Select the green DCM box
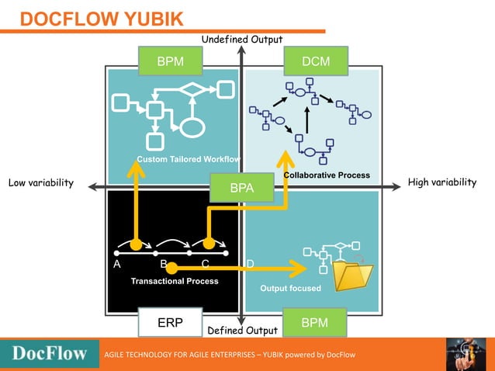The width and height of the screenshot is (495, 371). [x=315, y=61]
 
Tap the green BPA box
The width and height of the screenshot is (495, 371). [x=243, y=188]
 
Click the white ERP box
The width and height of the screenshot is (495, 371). [x=169, y=322]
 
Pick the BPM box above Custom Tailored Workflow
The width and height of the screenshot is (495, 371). [x=170, y=61]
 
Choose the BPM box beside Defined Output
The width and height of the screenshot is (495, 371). [x=314, y=322]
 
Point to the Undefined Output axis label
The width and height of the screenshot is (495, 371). [x=242, y=40]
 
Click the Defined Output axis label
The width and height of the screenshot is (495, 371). [x=242, y=331]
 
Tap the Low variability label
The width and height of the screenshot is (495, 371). [x=40, y=183]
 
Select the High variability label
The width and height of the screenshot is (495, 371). [x=441, y=182]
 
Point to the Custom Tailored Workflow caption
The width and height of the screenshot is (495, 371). [x=189, y=159]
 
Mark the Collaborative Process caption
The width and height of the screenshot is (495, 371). [x=327, y=175]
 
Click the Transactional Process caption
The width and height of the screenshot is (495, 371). [x=175, y=281]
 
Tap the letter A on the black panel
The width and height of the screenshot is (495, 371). [x=117, y=264]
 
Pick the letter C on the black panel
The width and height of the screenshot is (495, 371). [x=206, y=264]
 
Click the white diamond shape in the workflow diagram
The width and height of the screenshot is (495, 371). [x=192, y=90]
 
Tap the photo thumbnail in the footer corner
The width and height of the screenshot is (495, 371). [x=466, y=354]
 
